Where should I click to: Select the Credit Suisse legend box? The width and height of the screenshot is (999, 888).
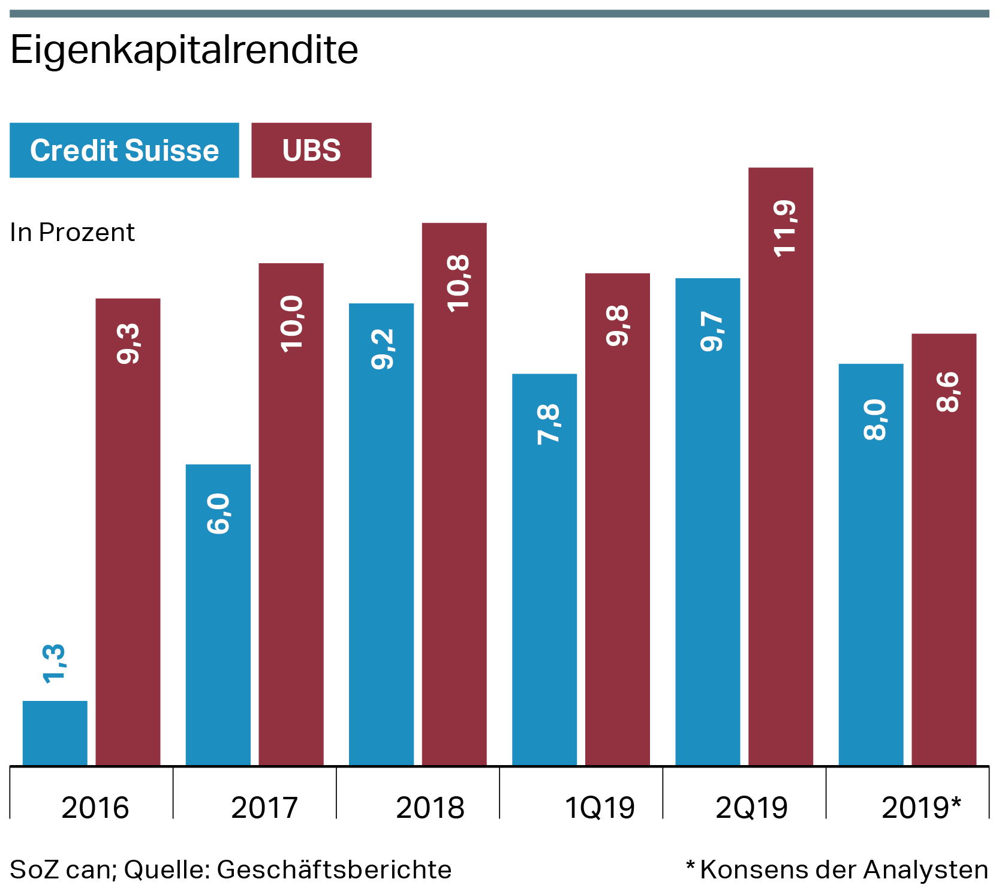click(x=124, y=150)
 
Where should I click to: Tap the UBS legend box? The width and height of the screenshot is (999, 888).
click(x=311, y=150)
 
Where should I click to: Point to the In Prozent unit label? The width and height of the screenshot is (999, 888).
click(x=73, y=233)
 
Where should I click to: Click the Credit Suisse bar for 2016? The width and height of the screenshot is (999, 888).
click(x=55, y=733)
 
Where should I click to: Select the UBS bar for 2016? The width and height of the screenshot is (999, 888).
click(x=128, y=540)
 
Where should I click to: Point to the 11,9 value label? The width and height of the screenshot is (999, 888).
click(x=785, y=229)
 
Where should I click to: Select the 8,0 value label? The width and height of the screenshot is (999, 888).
click(x=875, y=420)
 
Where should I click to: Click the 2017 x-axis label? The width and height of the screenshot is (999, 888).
click(x=264, y=808)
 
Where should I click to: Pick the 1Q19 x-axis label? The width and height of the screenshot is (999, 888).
click(x=600, y=808)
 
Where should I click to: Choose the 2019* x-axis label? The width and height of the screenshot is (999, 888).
click(x=921, y=808)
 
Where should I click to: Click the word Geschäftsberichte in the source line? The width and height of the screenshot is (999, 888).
click(x=334, y=869)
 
